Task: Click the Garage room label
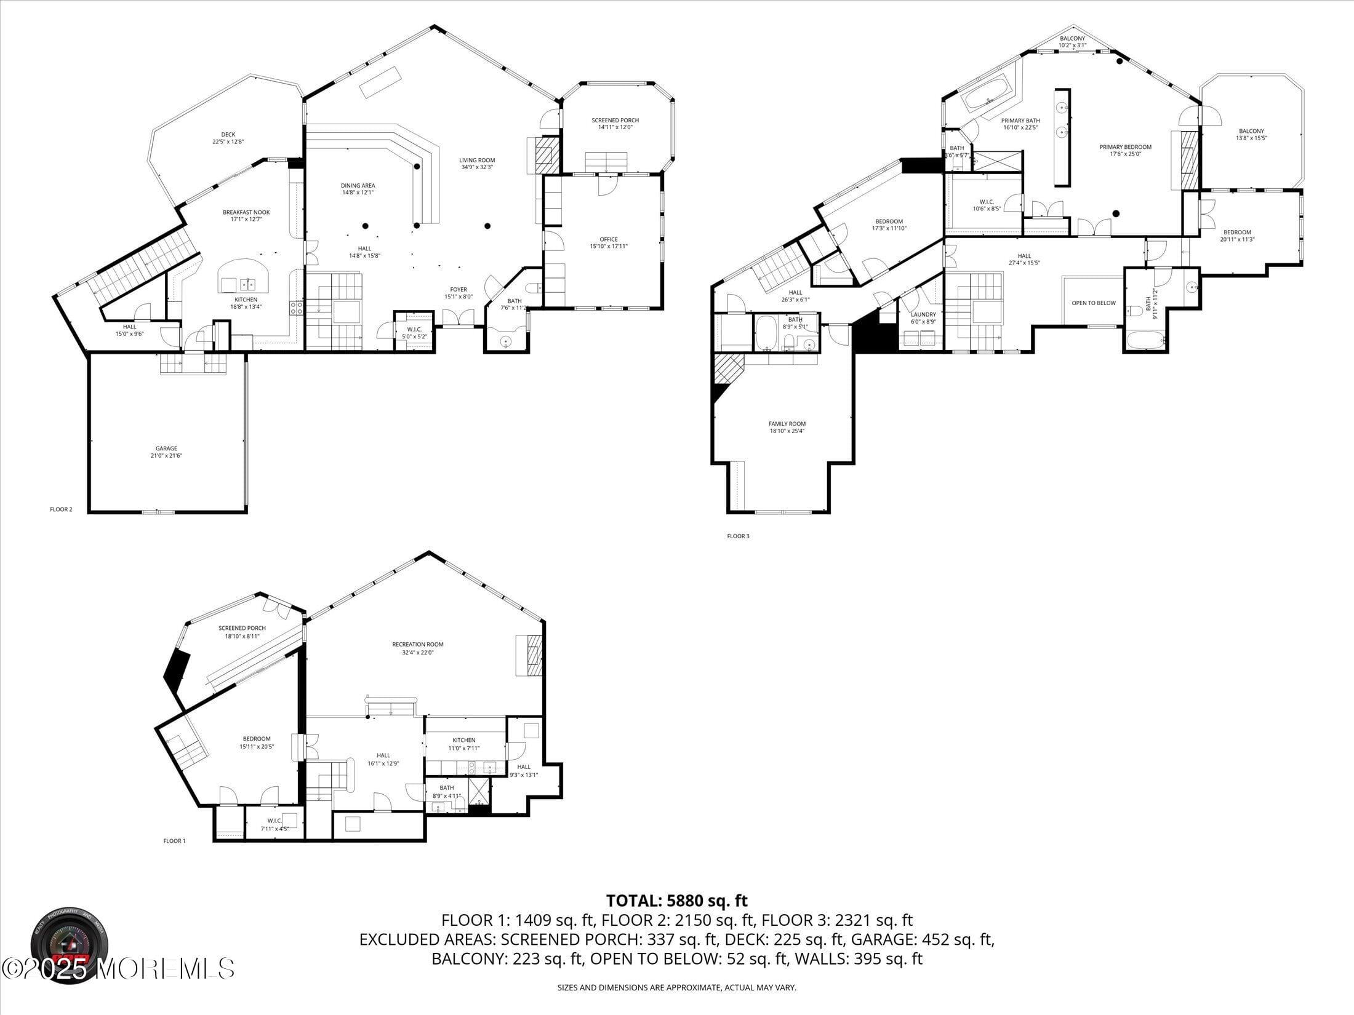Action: click(x=166, y=452)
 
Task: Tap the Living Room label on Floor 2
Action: click(x=477, y=163)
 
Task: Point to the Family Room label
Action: click(x=787, y=427)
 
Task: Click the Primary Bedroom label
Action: click(x=1125, y=150)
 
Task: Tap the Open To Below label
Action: click(x=1094, y=303)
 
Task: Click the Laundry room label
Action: click(x=923, y=317)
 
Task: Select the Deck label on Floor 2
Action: click(x=228, y=138)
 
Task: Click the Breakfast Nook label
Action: click(x=246, y=215)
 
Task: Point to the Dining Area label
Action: click(x=358, y=189)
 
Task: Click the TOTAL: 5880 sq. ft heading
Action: click(x=676, y=901)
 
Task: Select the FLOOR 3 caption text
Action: click(x=738, y=536)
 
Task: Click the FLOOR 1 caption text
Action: click(x=174, y=841)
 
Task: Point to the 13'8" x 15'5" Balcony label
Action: click(x=1251, y=134)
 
